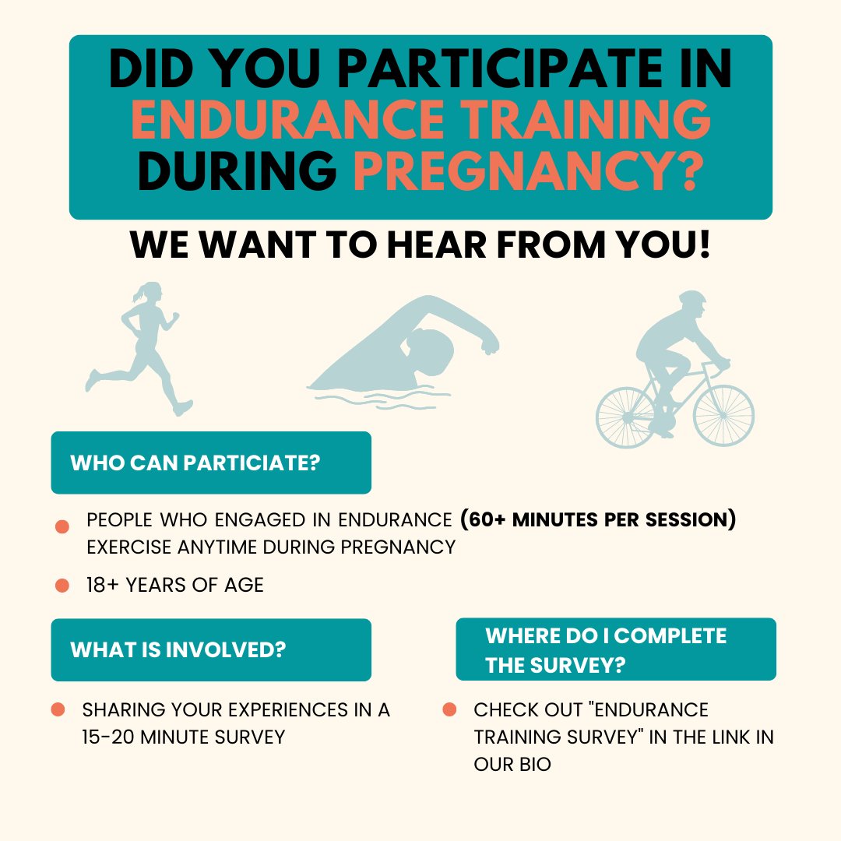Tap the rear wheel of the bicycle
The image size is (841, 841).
click(626, 418)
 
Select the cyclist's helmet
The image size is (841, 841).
click(691, 299)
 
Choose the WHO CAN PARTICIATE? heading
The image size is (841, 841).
click(195, 463)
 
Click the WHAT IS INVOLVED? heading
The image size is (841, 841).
click(178, 649)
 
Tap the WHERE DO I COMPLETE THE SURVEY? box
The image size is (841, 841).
click(615, 649)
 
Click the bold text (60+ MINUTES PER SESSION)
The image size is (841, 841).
click(597, 519)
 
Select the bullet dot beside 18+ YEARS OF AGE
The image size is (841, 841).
click(62, 585)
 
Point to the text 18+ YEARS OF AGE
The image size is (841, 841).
click(175, 585)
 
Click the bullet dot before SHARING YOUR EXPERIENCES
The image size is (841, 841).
click(58, 709)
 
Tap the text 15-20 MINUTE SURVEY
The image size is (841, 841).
click(183, 737)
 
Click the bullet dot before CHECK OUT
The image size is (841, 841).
click(449, 709)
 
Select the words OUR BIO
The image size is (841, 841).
click(512, 764)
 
